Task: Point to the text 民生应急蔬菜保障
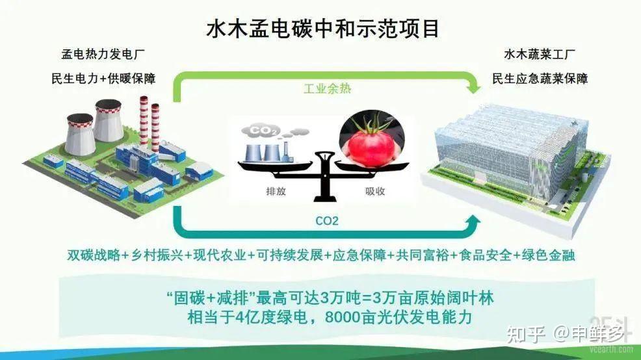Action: [540, 79]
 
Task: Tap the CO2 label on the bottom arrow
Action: [327, 221]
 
